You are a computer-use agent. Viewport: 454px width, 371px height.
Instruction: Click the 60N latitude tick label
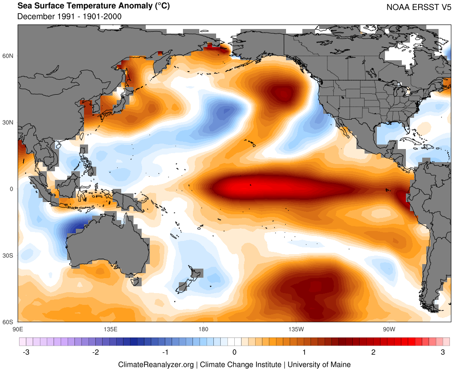point(9,56)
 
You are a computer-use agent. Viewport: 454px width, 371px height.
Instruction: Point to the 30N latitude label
point(9,122)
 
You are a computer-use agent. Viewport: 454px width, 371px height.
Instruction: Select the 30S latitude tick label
point(9,255)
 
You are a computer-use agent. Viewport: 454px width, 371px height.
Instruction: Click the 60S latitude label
point(9,322)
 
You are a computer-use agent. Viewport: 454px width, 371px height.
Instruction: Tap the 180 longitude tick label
point(203,328)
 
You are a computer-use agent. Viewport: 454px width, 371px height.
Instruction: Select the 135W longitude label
point(296,328)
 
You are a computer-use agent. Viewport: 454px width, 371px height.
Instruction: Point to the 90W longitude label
point(388,328)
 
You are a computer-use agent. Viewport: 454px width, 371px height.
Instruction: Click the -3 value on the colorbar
point(26,352)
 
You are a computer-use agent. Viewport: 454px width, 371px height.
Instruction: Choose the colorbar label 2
point(373,352)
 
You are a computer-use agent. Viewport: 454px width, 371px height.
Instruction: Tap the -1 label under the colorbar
point(165,352)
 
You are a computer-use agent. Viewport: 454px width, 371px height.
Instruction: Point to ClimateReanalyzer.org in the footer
point(156,364)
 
